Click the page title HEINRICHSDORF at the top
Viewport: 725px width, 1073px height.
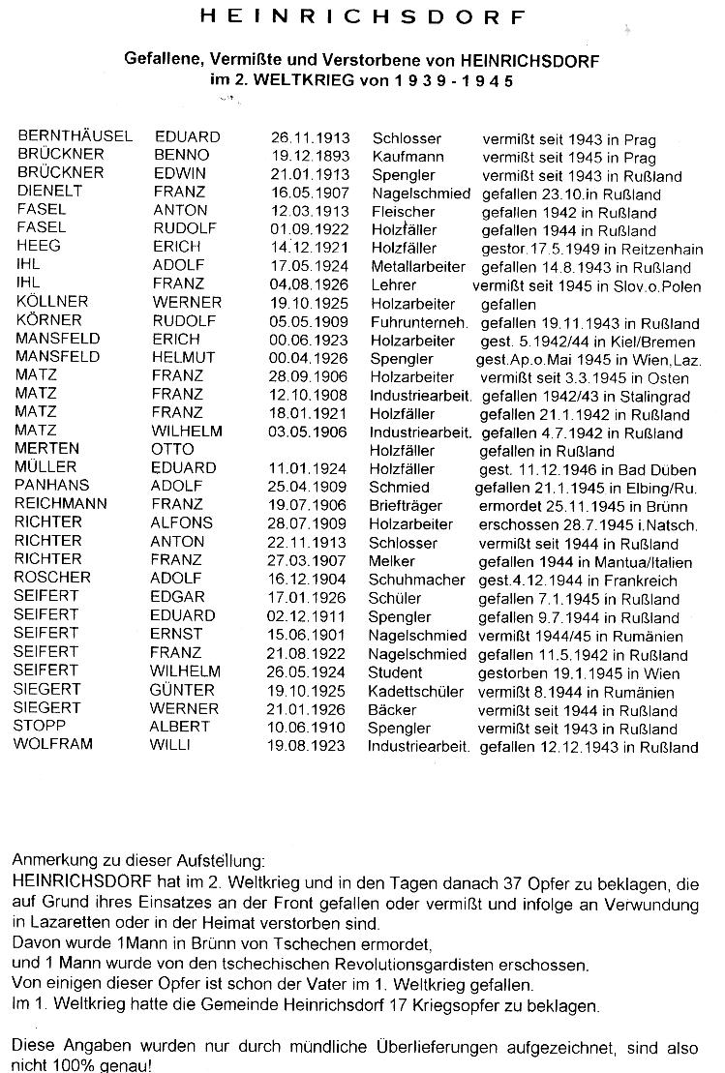click(x=363, y=17)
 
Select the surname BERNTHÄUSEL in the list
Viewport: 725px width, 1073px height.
click(x=75, y=136)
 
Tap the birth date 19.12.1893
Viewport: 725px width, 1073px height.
click(x=310, y=155)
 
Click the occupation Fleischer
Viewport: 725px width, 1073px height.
click(x=402, y=210)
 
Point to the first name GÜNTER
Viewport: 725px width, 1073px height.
click(x=183, y=690)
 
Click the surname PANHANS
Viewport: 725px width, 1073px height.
click(x=51, y=486)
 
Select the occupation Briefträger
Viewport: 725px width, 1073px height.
click(x=406, y=505)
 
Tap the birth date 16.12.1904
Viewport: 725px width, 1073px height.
click(x=310, y=578)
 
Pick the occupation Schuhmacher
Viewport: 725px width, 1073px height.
click(x=416, y=578)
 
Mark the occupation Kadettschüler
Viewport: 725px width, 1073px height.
click(x=416, y=691)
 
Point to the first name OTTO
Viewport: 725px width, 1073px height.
click(x=172, y=449)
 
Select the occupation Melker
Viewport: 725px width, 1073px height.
click(x=392, y=559)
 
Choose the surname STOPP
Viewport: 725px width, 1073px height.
click(x=40, y=727)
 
